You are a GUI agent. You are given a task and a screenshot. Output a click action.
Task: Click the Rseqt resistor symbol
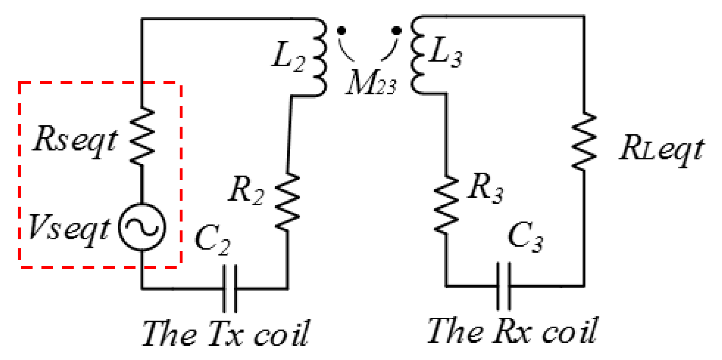pyautogui.click(x=142, y=136)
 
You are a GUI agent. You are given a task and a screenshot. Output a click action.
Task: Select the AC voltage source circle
pyautogui.click(x=142, y=227)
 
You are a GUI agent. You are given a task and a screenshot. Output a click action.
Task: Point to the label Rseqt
pyautogui.click(x=74, y=140)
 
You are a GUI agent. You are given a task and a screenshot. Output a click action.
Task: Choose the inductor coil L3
pyautogui.click(x=418, y=55)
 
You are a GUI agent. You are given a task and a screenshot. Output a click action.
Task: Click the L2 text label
pyautogui.click(x=288, y=58)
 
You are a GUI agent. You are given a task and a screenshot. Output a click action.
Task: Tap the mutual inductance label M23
pyautogui.click(x=370, y=83)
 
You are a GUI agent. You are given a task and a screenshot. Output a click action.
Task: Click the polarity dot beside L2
pyautogui.click(x=341, y=30)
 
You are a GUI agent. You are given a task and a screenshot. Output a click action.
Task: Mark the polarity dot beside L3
pyautogui.click(x=397, y=30)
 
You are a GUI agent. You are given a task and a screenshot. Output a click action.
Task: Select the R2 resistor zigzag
pyautogui.click(x=288, y=201)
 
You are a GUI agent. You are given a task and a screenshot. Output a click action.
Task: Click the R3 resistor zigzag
pyautogui.click(x=446, y=205)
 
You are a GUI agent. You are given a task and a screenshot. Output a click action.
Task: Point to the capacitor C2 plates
pyautogui.click(x=230, y=289)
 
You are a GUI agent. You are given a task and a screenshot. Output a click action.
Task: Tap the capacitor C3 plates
pyautogui.click(x=503, y=286)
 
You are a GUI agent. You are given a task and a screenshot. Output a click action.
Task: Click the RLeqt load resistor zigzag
pyautogui.click(x=584, y=141)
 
